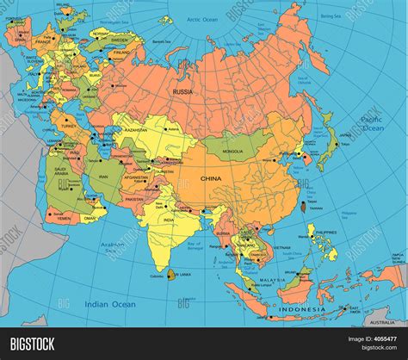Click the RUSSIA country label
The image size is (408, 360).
click(x=182, y=91)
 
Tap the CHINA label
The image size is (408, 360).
click(x=211, y=178)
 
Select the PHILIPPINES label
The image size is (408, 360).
click(x=325, y=233)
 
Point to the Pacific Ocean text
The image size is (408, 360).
click(x=372, y=122)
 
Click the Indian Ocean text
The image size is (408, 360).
click(x=110, y=304)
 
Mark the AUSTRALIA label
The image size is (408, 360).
click(x=381, y=322)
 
